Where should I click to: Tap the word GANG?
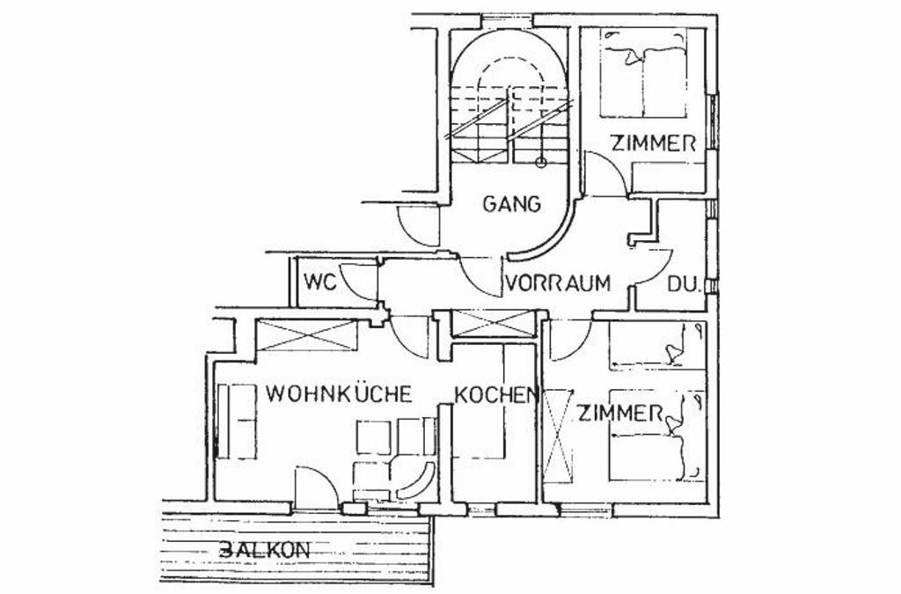[511, 204]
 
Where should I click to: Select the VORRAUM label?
[558, 284]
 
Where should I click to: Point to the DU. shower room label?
[684, 285]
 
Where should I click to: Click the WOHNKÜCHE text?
[340, 393]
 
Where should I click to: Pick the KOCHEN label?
[495, 395]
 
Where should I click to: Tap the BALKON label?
[264, 550]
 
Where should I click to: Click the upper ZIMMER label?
[654, 143]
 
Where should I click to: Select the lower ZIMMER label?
[620, 413]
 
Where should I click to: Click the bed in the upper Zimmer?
[643, 74]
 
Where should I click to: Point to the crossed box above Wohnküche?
[306, 335]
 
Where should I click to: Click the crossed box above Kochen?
[492, 323]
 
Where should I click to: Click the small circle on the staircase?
[542, 163]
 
